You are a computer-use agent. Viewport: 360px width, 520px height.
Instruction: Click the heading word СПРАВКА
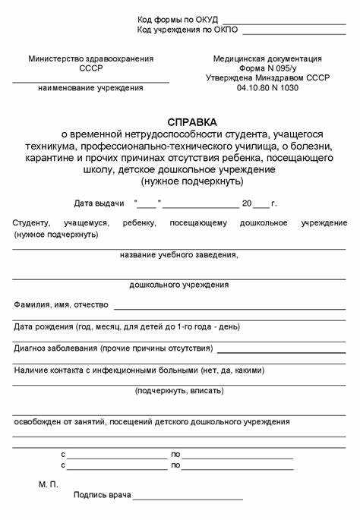click(x=192, y=122)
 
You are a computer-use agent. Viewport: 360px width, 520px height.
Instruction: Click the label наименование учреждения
click(x=90, y=88)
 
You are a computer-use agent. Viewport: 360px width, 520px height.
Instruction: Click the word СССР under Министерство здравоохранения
click(x=90, y=68)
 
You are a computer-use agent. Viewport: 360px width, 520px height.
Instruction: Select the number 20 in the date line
click(x=246, y=203)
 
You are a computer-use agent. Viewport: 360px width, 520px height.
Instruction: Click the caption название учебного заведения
click(x=179, y=255)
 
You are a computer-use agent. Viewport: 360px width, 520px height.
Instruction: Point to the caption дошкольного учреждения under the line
click(x=179, y=285)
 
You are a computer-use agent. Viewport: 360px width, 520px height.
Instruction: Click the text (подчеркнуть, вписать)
click(x=179, y=390)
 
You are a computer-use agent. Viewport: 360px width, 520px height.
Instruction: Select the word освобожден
click(x=37, y=421)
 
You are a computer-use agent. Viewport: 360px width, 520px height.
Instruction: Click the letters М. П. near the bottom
click(x=49, y=484)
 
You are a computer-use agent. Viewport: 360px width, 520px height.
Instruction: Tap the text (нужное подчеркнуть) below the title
click(x=192, y=182)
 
